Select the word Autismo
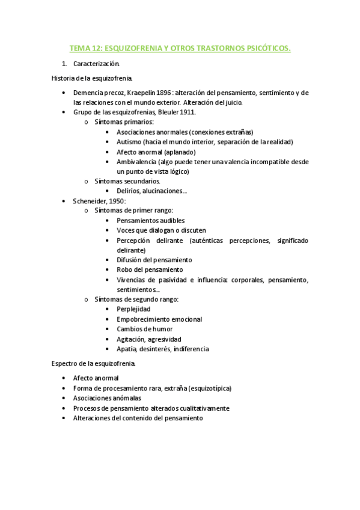click(x=129, y=142)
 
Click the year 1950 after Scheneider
click(x=116, y=201)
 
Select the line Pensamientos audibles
click(x=151, y=221)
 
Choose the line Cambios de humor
click(x=144, y=329)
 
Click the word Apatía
click(x=127, y=349)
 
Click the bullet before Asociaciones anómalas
click(x=64, y=398)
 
